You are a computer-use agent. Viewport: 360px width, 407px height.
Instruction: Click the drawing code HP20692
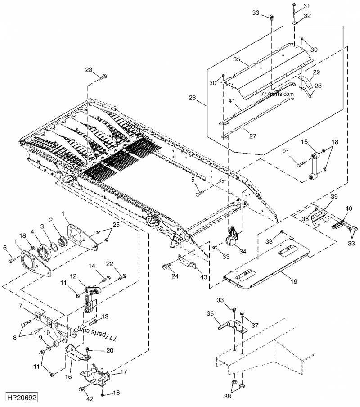tap(22, 398)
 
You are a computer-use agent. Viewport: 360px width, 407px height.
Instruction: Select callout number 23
tap(89, 70)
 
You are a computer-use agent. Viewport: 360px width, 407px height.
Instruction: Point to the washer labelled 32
tap(294, 21)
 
